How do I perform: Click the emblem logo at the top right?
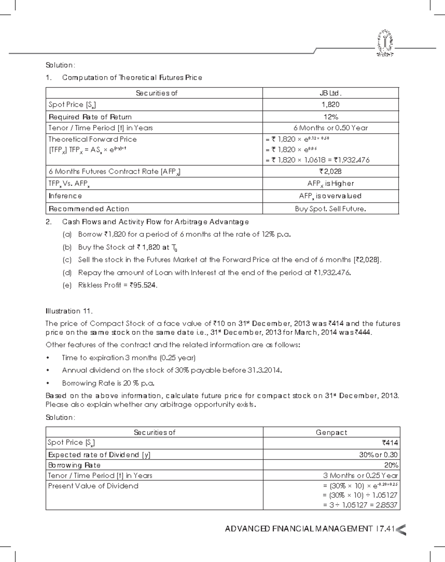tap(385, 44)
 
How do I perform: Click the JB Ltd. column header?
tap(330, 93)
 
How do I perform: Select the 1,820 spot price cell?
tap(330, 105)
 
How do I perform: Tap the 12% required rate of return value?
tap(330, 117)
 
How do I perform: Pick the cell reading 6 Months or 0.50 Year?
tap(330, 128)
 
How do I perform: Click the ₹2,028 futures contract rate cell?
tap(330, 171)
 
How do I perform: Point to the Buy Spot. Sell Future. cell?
tap(330, 209)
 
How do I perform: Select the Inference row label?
tap(65, 196)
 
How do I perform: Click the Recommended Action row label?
tap(89, 209)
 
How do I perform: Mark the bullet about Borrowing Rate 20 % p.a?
tap(108, 383)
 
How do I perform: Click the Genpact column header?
tap(331, 432)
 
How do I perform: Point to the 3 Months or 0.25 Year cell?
tap(360, 476)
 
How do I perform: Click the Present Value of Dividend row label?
tap(93, 486)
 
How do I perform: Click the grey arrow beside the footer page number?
tap(401, 529)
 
